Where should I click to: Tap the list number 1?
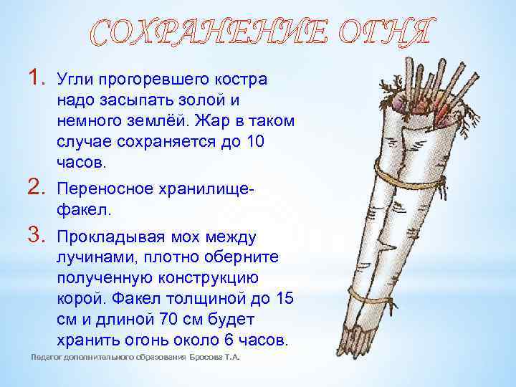pos(38,78)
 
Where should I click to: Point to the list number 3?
pos(38,235)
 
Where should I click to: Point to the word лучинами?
pos(88,257)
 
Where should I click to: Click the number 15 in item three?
pos(285,298)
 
